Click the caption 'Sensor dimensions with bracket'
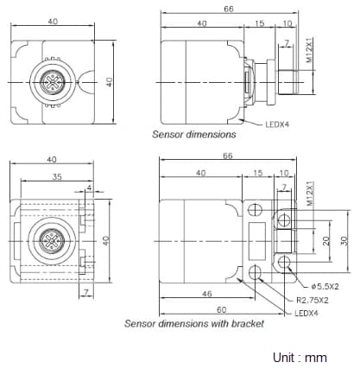[x=193, y=324]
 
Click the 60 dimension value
[x=221, y=308]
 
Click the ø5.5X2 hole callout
[x=325, y=286]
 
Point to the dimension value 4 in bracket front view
[x=89, y=187]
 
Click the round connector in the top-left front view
[x=52, y=84]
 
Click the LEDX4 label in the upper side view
[x=278, y=123]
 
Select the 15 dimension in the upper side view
[x=260, y=24]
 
